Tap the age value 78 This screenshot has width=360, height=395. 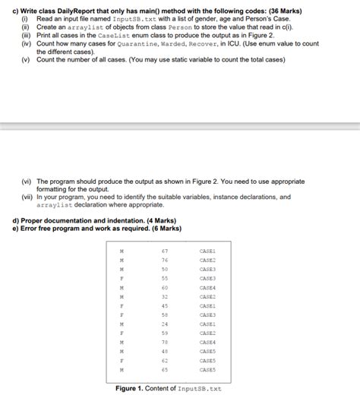(x=164, y=343)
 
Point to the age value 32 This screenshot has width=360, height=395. (x=164, y=296)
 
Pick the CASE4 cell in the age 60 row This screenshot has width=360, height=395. (x=207, y=287)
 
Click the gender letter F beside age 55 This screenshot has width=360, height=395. (x=122, y=278)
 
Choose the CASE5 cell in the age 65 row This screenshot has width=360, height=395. (x=207, y=370)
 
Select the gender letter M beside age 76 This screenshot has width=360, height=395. (x=122, y=260)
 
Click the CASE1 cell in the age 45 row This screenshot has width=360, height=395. (x=207, y=305)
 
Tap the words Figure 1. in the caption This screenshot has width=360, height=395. (x=131, y=388)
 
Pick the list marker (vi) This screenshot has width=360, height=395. (x=27, y=182)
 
